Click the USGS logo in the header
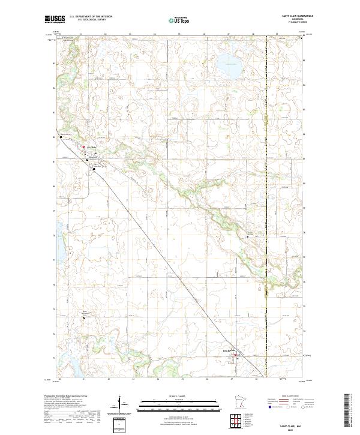pos(55,20)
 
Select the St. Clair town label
pos(92,146)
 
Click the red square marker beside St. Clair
pos(83,146)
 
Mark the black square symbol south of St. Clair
pos(94,169)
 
